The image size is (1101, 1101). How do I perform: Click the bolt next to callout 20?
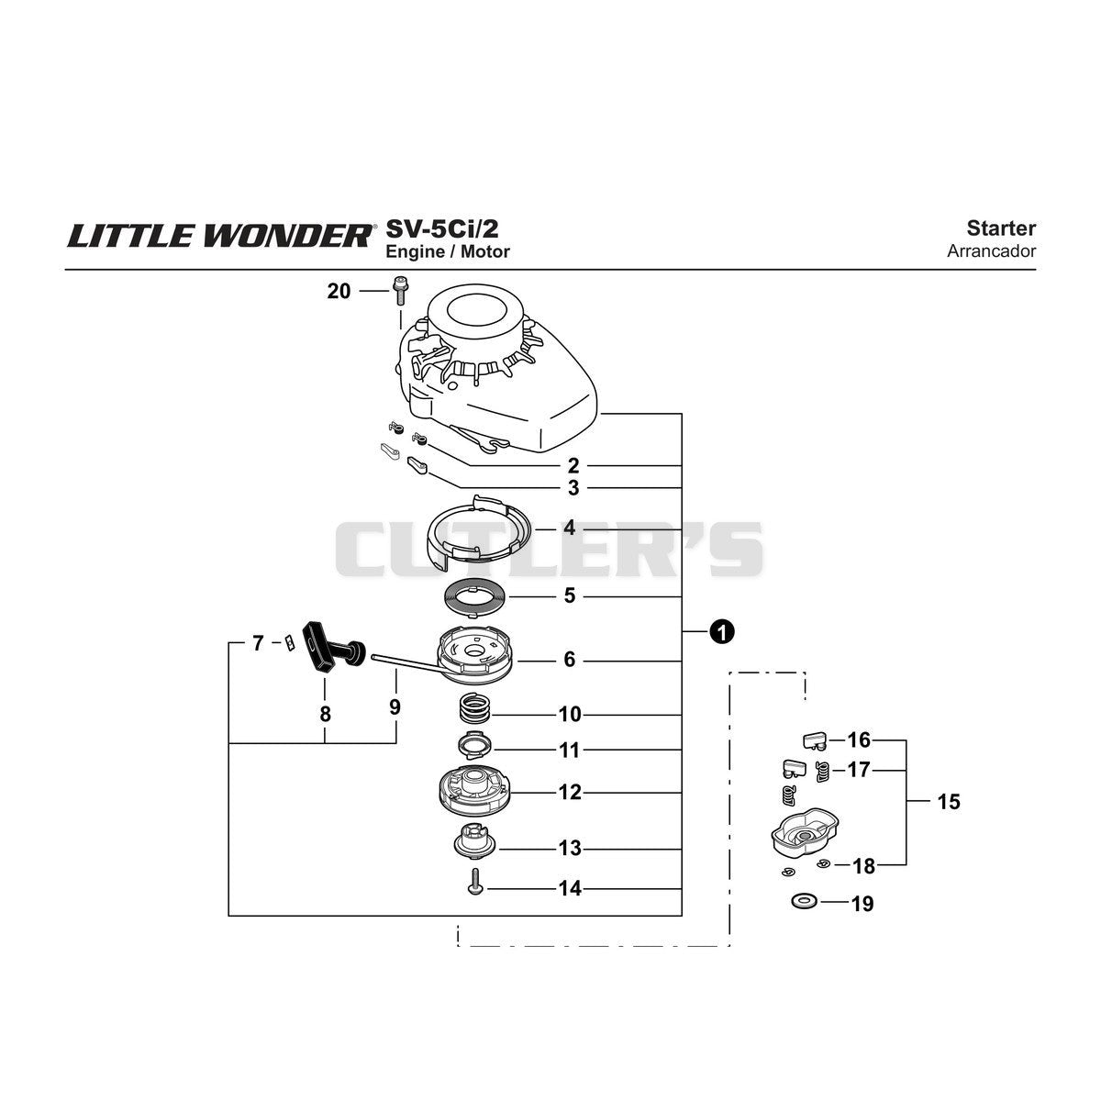pyautogui.click(x=399, y=292)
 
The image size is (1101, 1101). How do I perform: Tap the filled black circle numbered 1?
pyautogui.click(x=722, y=632)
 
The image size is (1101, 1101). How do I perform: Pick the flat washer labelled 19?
pyautogui.click(x=804, y=902)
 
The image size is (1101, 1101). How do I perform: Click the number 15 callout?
pyautogui.click(x=949, y=802)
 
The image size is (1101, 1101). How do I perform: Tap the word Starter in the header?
pyautogui.click(x=1001, y=228)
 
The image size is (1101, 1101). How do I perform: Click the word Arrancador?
pyautogui.click(x=991, y=250)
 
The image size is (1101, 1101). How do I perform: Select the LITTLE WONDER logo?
pyautogui.click(x=222, y=235)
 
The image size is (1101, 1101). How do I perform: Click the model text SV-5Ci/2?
pyautogui.click(x=441, y=228)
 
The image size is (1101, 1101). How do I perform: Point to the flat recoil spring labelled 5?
pyautogui.click(x=475, y=597)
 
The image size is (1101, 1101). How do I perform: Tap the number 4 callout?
pyautogui.click(x=569, y=528)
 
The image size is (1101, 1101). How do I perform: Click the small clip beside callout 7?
pyautogui.click(x=290, y=643)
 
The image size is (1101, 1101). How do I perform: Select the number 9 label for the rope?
pyautogui.click(x=395, y=707)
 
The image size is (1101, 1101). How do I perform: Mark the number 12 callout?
pyautogui.click(x=570, y=792)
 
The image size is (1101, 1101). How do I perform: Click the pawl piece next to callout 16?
pyautogui.click(x=815, y=741)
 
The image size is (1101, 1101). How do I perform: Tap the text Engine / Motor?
pyautogui.click(x=448, y=251)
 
